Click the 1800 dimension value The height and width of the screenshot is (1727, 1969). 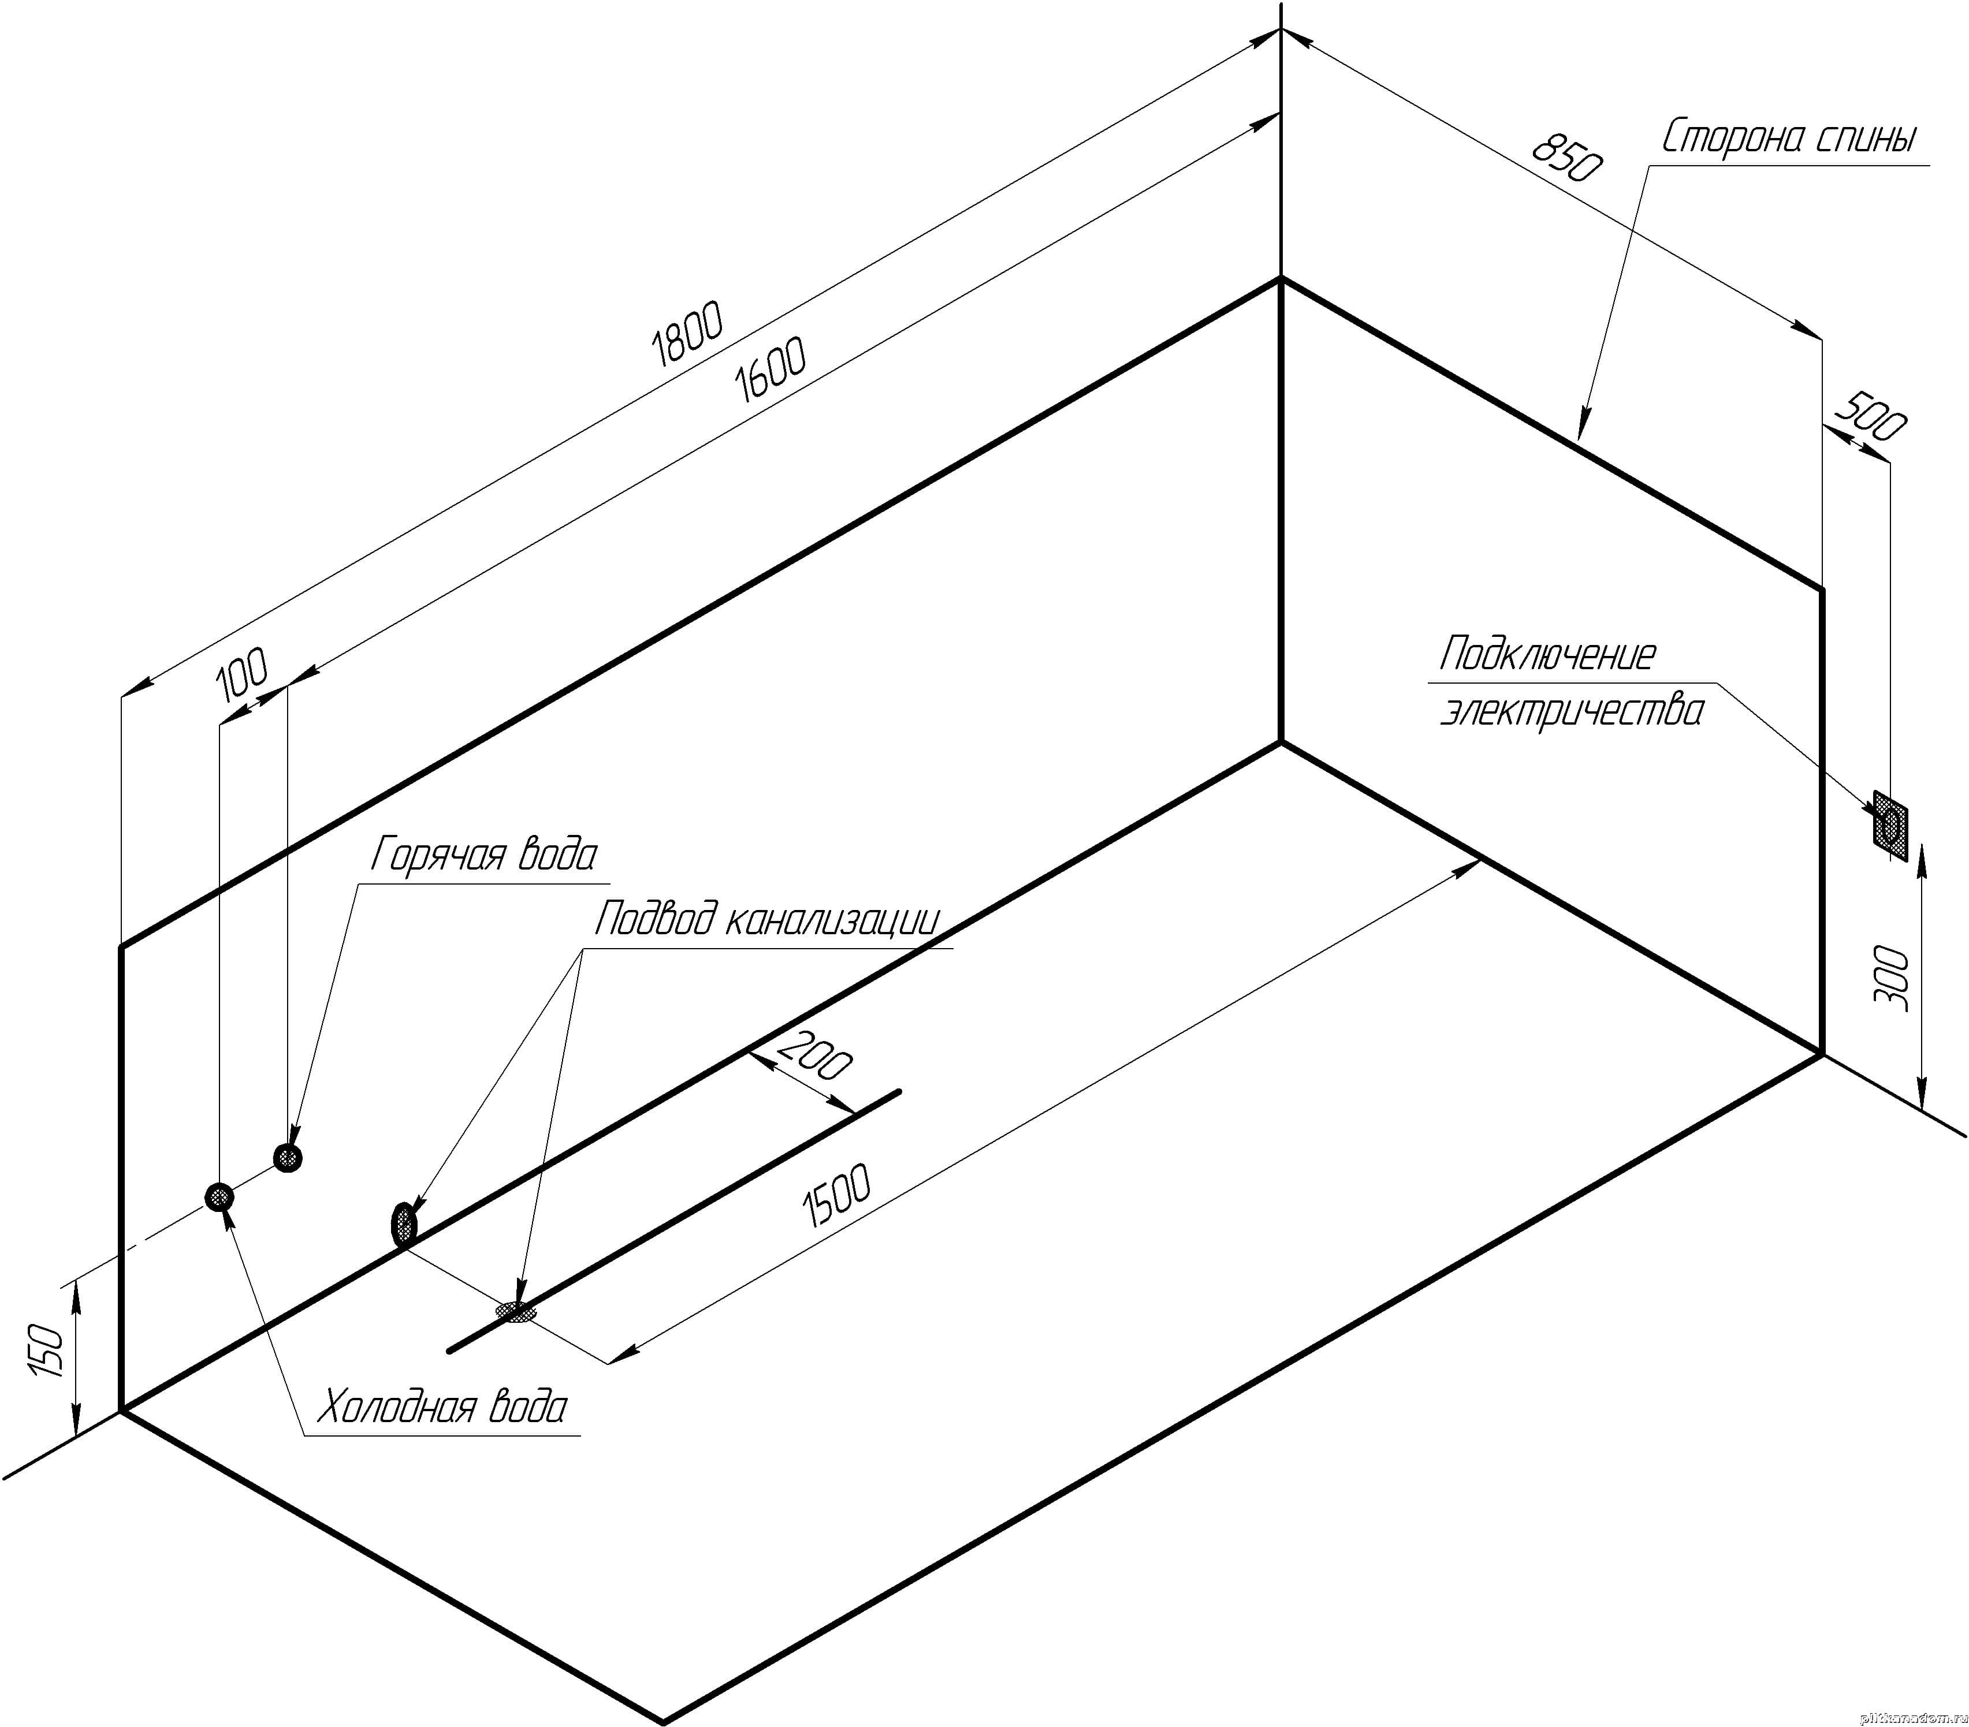coord(687,334)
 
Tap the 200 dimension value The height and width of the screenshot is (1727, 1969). coord(814,1055)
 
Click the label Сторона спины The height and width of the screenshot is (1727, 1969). coord(1789,139)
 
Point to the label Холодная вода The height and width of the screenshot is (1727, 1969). coord(442,1408)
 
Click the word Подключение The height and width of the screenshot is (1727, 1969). coord(1547,655)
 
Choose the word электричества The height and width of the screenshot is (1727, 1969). coord(1571,713)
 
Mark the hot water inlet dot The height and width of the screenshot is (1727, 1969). coord(287,1157)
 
